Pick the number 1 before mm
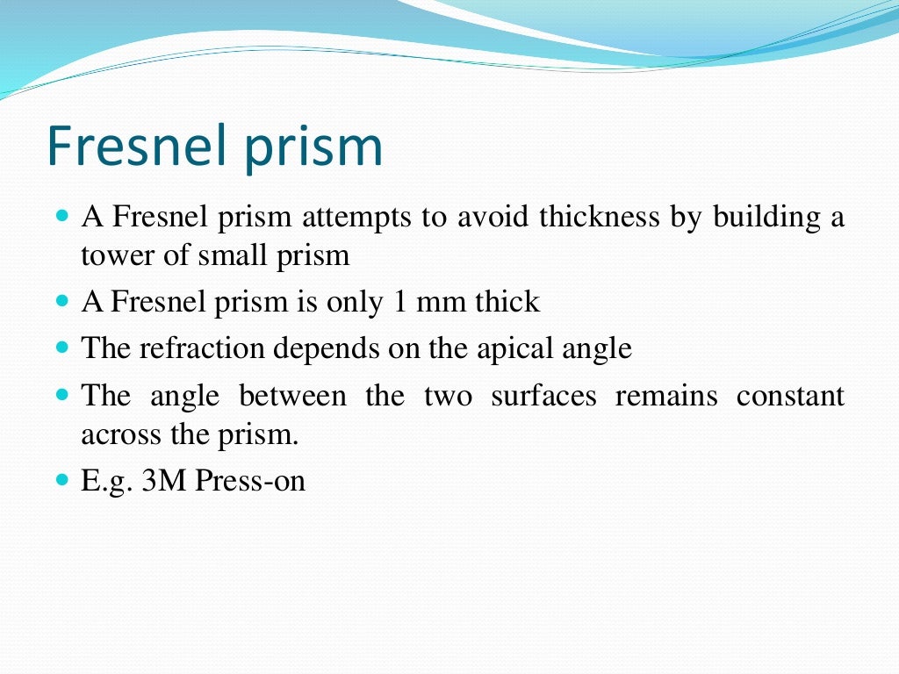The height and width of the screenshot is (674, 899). coord(399,302)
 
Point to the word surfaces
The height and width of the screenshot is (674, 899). coord(543,396)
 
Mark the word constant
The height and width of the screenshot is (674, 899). coord(790,396)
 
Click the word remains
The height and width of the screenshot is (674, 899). coord(666,396)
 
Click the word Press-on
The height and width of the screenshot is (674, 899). coord(250,481)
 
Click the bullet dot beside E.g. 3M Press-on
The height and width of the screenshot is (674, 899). coord(61,481)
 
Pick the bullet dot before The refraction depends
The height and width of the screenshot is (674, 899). coord(61,348)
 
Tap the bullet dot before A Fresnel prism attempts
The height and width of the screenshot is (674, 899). coord(61,215)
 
